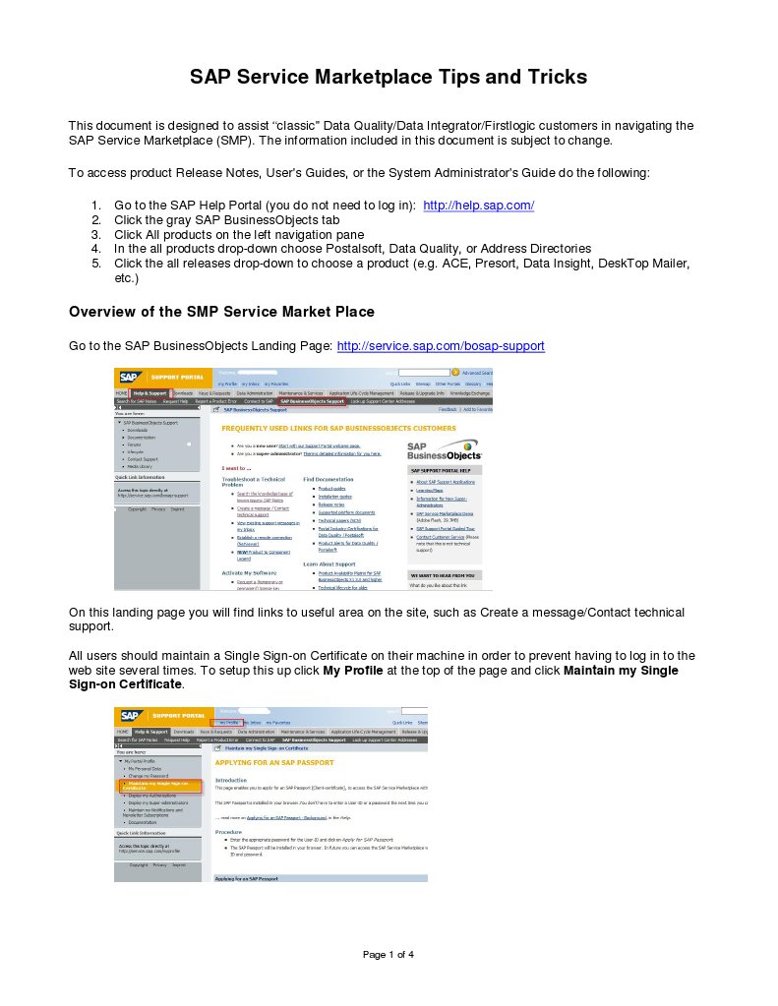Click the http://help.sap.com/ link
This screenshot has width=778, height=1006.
pyautogui.click(x=478, y=206)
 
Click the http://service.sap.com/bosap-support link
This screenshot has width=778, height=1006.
pyautogui.click(x=441, y=346)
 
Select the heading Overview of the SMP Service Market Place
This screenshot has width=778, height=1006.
pyautogui.click(x=221, y=312)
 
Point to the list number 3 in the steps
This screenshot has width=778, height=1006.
pyautogui.click(x=96, y=235)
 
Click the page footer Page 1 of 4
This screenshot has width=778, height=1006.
pyautogui.click(x=389, y=954)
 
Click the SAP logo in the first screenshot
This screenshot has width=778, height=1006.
pyautogui.click(x=129, y=376)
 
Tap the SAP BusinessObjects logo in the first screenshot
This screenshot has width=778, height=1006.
pyautogui.click(x=445, y=452)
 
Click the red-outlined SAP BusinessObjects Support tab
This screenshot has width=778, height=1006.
pyautogui.click(x=312, y=401)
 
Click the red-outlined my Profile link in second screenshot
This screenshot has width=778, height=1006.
pyautogui.click(x=228, y=722)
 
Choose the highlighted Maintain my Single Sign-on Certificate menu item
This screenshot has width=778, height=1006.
pyautogui.click(x=159, y=785)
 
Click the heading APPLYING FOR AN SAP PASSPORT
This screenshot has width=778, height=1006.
pyautogui.click(x=274, y=762)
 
